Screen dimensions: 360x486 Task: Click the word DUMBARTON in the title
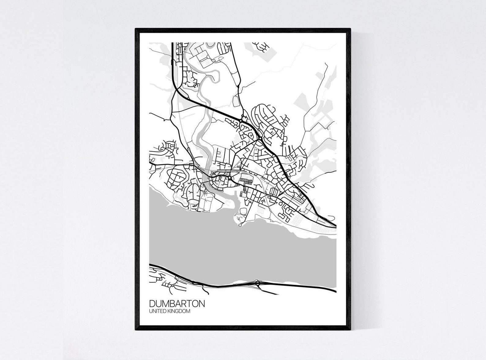[x=177, y=304]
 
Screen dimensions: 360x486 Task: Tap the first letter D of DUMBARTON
[x=152, y=304]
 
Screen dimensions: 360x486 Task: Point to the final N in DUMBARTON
[x=202, y=304]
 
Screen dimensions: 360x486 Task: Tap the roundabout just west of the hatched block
[x=229, y=178]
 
